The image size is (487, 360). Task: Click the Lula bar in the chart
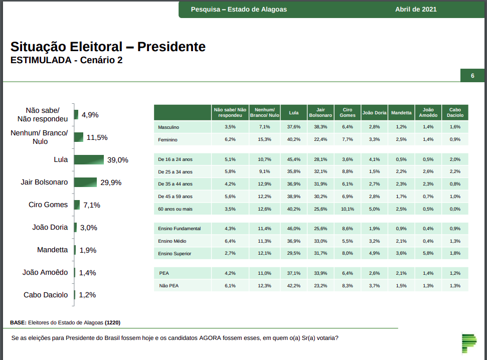(89, 159)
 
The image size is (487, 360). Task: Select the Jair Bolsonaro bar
(85, 182)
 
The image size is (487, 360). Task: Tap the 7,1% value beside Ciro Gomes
(92, 205)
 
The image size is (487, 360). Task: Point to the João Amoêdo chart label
(45, 272)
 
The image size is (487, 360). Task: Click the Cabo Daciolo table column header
(454, 112)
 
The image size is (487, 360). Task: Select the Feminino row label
(168, 140)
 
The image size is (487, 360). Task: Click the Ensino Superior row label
(175, 254)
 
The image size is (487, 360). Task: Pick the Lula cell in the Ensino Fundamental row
(293, 229)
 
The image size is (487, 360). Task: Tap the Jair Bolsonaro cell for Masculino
(320, 127)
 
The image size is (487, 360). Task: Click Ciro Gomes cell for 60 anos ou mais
(348, 209)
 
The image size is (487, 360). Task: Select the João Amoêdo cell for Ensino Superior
(428, 254)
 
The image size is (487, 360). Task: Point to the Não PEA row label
(169, 286)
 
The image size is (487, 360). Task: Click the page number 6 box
(472, 76)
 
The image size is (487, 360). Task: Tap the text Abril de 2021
(416, 9)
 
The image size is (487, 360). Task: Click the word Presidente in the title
(172, 47)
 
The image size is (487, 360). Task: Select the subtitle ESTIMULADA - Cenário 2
(66, 61)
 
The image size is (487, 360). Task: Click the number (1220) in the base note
(112, 322)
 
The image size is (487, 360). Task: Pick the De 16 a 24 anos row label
(175, 159)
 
